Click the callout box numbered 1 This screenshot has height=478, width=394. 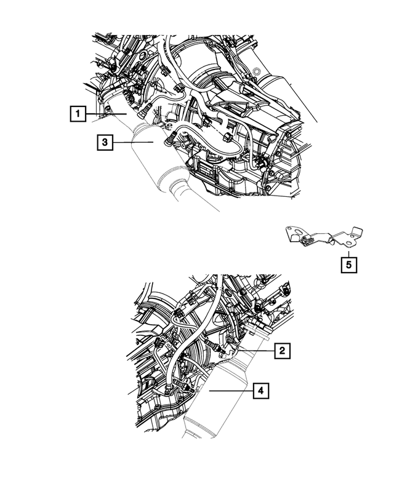click(x=77, y=114)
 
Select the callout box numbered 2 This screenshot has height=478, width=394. click(x=281, y=351)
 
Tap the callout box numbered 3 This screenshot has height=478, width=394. click(x=105, y=143)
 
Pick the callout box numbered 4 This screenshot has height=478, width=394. click(x=260, y=390)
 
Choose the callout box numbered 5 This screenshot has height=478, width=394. click(x=348, y=265)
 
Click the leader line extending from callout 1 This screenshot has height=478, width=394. click(x=105, y=114)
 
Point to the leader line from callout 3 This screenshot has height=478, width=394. click(x=132, y=143)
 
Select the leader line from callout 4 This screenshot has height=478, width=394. click(x=230, y=390)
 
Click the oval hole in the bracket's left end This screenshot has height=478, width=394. click(x=295, y=233)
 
